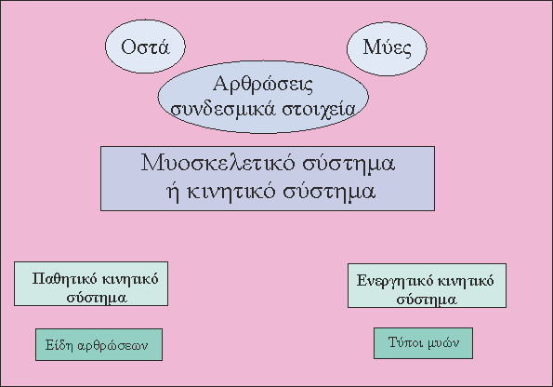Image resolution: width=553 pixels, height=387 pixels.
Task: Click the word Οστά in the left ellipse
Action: [x=145, y=47]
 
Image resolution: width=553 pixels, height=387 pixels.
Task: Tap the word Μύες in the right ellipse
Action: [x=387, y=48]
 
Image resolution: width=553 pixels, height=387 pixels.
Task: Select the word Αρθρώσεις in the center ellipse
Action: [x=263, y=85]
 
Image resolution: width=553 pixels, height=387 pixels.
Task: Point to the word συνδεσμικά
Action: [x=222, y=110]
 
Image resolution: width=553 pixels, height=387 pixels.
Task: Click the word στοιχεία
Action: [x=319, y=110]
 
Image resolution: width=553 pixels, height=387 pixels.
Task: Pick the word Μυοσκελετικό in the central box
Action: [x=217, y=163]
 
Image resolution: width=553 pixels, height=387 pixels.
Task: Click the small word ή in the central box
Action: [x=173, y=191]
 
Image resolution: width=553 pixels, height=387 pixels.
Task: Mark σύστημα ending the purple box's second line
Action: [x=329, y=192]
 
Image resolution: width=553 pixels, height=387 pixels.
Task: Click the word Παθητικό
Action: [x=64, y=279]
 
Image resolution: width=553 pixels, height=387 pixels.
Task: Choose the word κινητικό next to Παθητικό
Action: [x=130, y=279]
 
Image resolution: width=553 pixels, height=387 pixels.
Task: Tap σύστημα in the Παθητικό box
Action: [x=97, y=298]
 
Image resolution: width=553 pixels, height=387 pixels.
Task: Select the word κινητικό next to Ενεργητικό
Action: [x=466, y=281]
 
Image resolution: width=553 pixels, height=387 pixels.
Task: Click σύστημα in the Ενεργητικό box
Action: [x=427, y=300]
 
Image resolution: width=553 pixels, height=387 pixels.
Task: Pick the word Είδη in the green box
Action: [x=59, y=345]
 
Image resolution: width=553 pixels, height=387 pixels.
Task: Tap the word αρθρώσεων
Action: [x=112, y=346]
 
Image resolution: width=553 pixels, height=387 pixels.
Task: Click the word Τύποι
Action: [x=403, y=342]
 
